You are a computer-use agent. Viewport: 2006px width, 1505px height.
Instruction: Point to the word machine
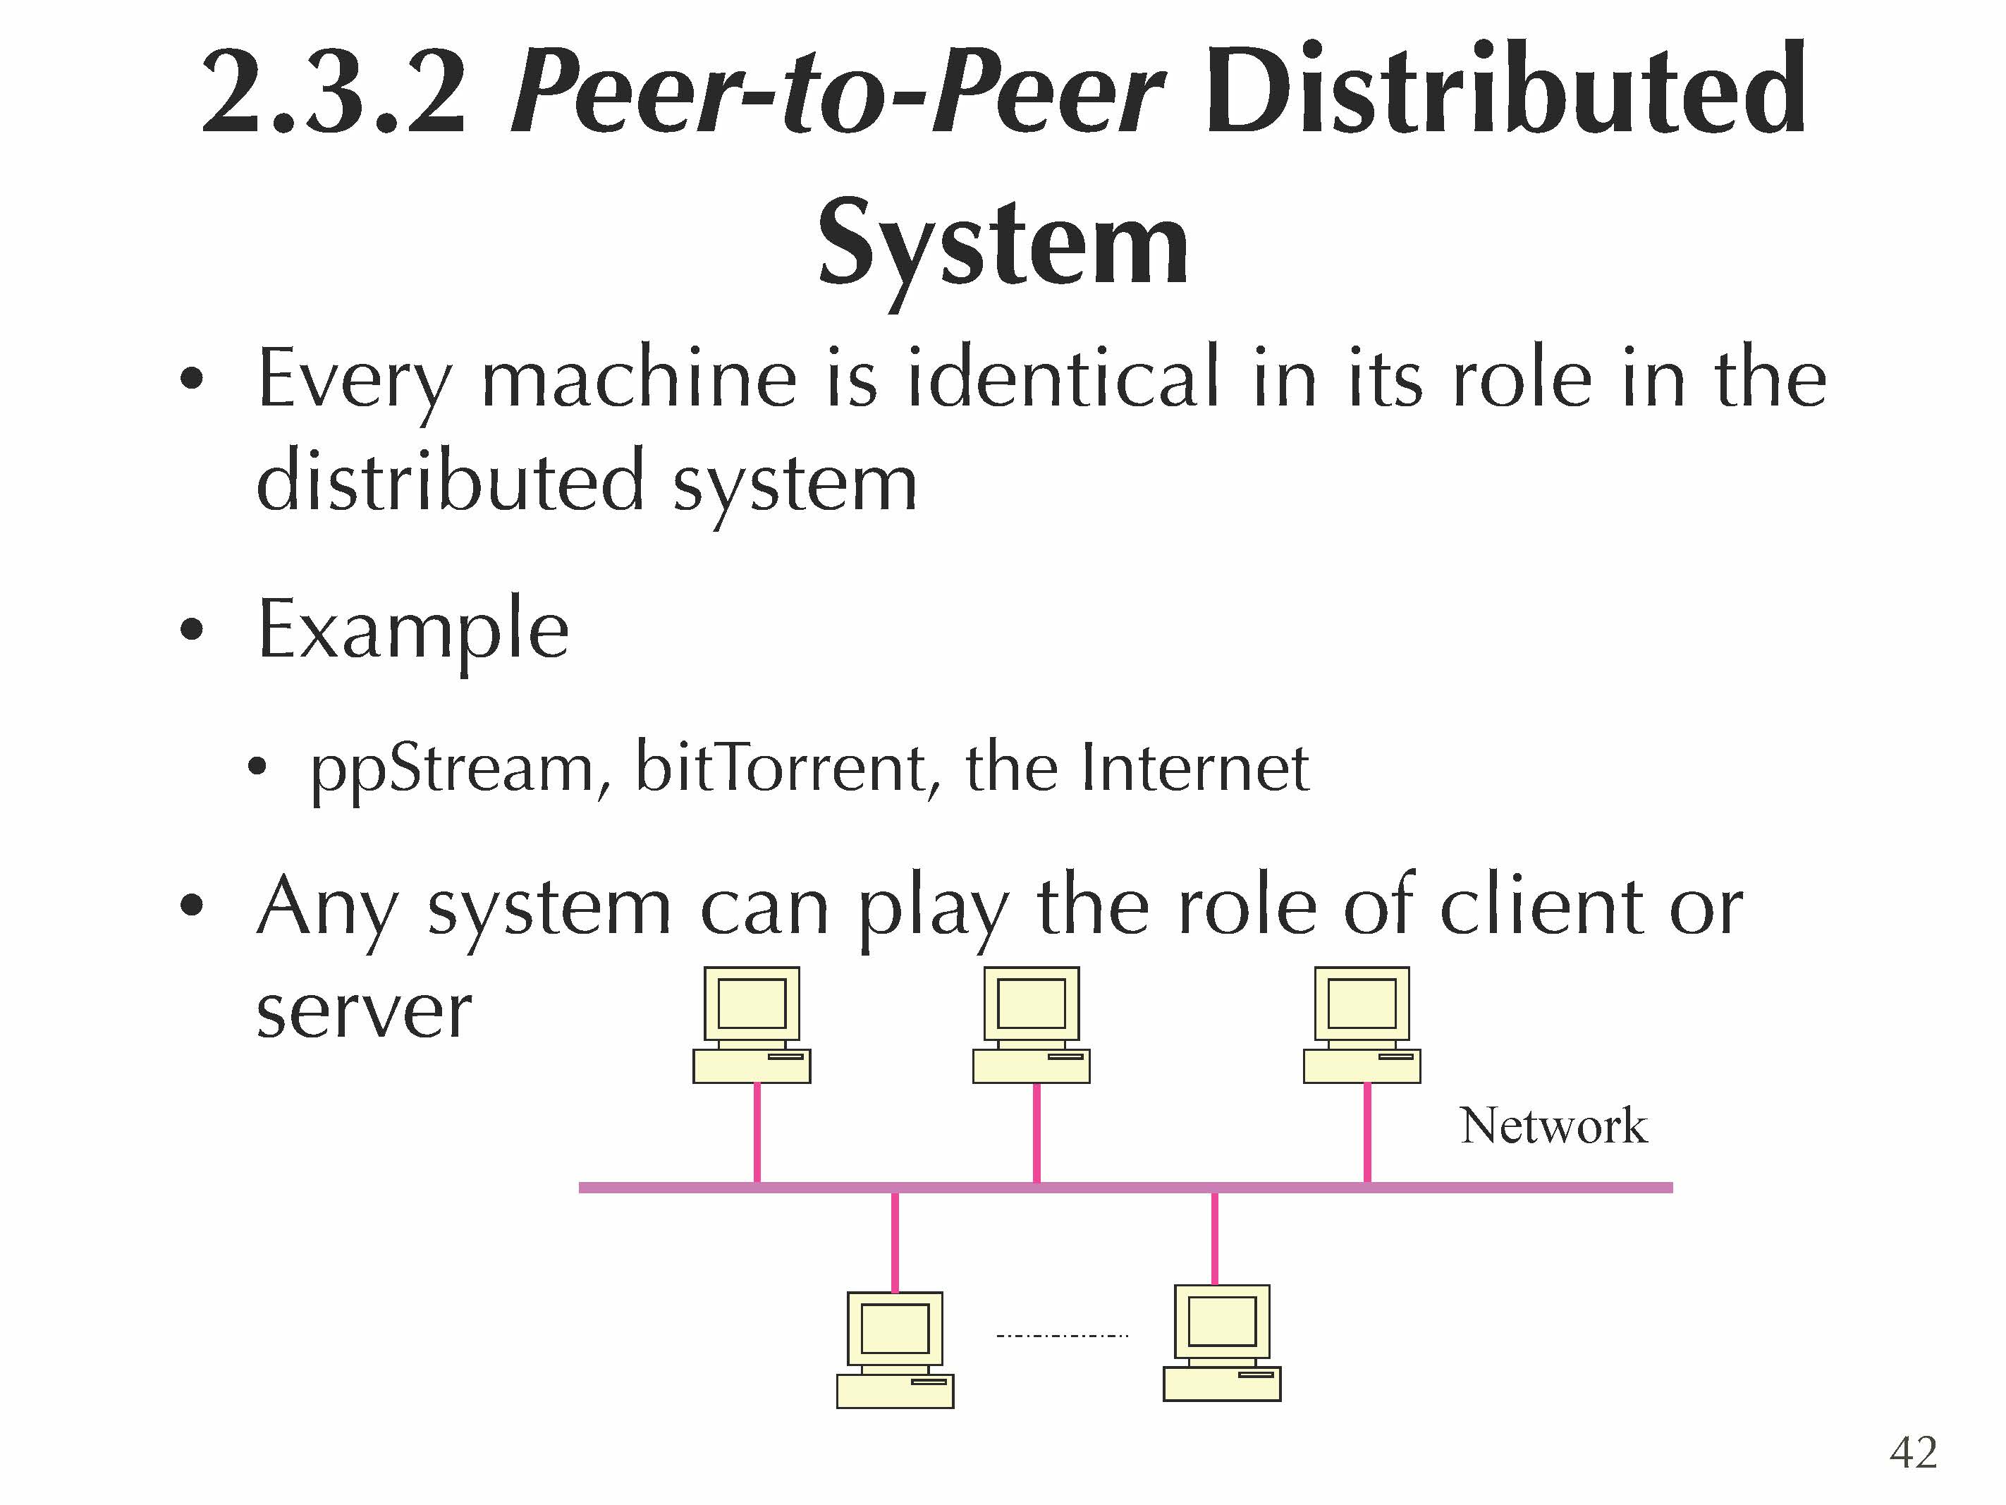(638, 379)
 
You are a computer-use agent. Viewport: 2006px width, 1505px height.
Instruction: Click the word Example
(413, 630)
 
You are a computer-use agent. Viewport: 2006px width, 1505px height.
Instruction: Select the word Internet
(1195, 769)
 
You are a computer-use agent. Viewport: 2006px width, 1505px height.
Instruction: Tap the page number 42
(1913, 1452)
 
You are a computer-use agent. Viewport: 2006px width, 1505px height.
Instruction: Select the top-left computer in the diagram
(752, 1025)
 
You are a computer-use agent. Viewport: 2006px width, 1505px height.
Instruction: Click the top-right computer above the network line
(1362, 1025)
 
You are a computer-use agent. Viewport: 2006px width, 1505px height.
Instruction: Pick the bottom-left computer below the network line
(895, 1350)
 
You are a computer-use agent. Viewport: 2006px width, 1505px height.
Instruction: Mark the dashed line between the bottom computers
(1062, 1335)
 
